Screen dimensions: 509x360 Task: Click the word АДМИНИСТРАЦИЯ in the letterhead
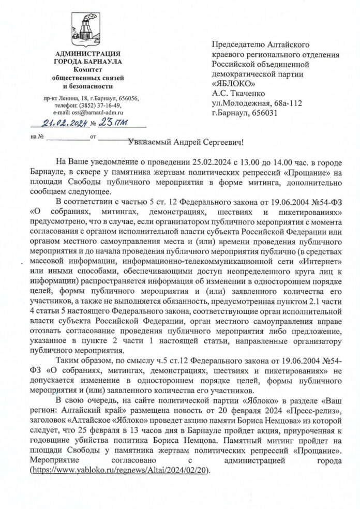(x=87, y=54)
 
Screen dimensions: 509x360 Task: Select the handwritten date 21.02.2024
(x=59, y=124)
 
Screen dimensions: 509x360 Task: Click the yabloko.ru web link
(x=120, y=472)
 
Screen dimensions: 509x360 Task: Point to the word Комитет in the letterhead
(x=87, y=70)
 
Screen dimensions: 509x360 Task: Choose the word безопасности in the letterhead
(x=87, y=85)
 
